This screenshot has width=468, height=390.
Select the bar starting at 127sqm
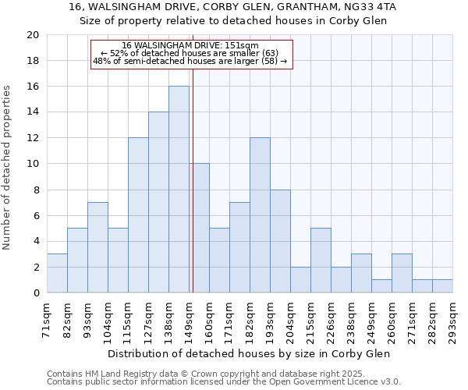point(158,202)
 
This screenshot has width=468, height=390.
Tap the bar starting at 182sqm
point(260,215)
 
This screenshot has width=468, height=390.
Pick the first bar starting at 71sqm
point(57,273)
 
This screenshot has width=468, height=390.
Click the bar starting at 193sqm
point(280,241)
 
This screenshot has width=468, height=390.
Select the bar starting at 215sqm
point(321,261)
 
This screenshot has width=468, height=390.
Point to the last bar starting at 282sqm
point(442,286)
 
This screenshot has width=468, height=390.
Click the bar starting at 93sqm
point(97,247)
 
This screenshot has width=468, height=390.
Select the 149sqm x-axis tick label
point(189,319)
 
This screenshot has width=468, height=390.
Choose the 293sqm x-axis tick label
point(452,319)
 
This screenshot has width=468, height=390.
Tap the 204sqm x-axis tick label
point(290,319)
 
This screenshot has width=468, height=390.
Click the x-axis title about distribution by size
point(250,353)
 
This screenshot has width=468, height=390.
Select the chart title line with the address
point(232,7)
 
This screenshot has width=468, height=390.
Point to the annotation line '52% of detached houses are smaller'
point(190,53)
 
